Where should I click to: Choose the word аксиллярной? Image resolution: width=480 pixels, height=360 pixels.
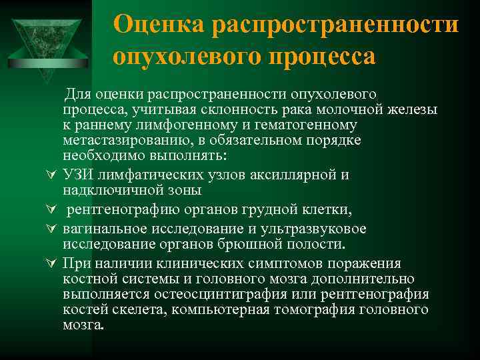pos(289,175)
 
